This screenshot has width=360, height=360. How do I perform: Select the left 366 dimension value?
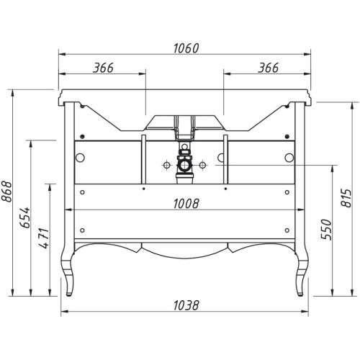tap(103, 68)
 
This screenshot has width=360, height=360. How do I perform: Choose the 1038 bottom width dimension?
tap(184, 304)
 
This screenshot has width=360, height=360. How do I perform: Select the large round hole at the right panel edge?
tap(289, 158)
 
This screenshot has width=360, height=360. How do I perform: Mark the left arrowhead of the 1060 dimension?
tap(61, 53)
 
